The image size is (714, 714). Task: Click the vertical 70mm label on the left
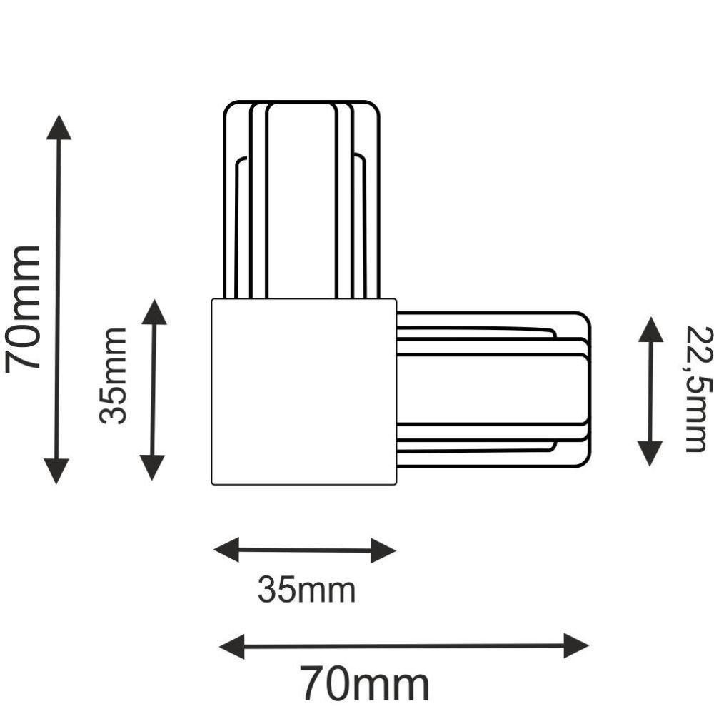pyautogui.click(x=23, y=309)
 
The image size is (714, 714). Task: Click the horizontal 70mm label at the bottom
pyautogui.click(x=364, y=685)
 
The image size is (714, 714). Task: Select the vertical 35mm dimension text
pyautogui.click(x=113, y=376)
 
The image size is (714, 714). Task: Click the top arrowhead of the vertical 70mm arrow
pyautogui.click(x=59, y=127)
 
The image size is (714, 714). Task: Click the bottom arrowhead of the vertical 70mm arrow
pyautogui.click(x=56, y=471)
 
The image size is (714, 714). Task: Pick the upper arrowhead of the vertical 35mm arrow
pyautogui.click(x=154, y=312)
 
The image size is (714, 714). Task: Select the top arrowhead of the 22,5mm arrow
pyautogui.click(x=650, y=330)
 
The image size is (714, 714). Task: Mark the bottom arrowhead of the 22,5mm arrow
pyautogui.click(x=650, y=454)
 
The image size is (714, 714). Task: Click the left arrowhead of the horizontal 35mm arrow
pyautogui.click(x=226, y=550)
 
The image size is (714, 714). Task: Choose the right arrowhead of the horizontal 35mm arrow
pyautogui.click(x=383, y=550)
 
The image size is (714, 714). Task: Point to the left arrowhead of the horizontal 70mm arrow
pyautogui.click(x=232, y=646)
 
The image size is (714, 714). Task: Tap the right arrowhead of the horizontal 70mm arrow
pyautogui.click(x=576, y=645)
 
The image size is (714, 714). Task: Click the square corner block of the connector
pyautogui.click(x=304, y=391)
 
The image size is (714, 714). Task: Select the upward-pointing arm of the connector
pyautogui.click(x=302, y=199)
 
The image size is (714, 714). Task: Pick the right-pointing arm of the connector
pyautogui.click(x=494, y=389)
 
